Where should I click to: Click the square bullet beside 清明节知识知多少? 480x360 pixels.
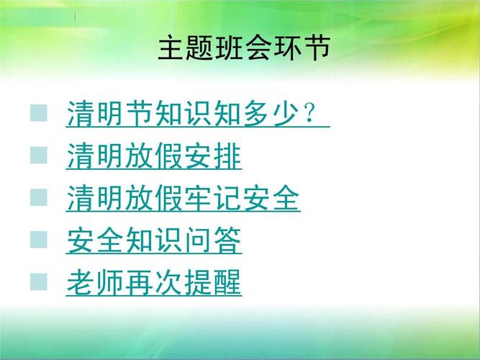click(x=39, y=113)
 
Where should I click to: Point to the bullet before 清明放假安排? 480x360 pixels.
click(x=39, y=155)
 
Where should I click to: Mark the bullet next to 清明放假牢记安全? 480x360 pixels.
click(x=39, y=197)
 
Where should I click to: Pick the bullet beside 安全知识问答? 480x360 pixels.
click(x=39, y=239)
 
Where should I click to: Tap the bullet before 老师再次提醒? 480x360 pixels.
click(x=39, y=282)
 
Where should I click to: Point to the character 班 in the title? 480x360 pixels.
click(x=229, y=49)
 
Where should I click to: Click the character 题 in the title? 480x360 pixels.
click(x=200, y=49)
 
